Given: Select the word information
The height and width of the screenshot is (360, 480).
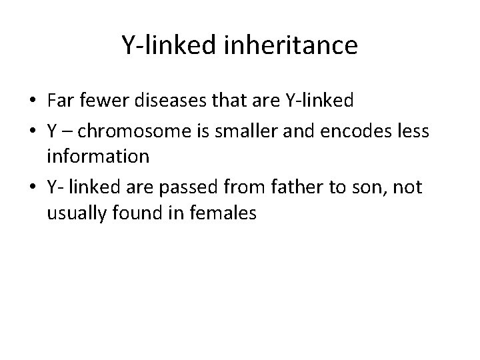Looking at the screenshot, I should [x=97, y=157].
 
